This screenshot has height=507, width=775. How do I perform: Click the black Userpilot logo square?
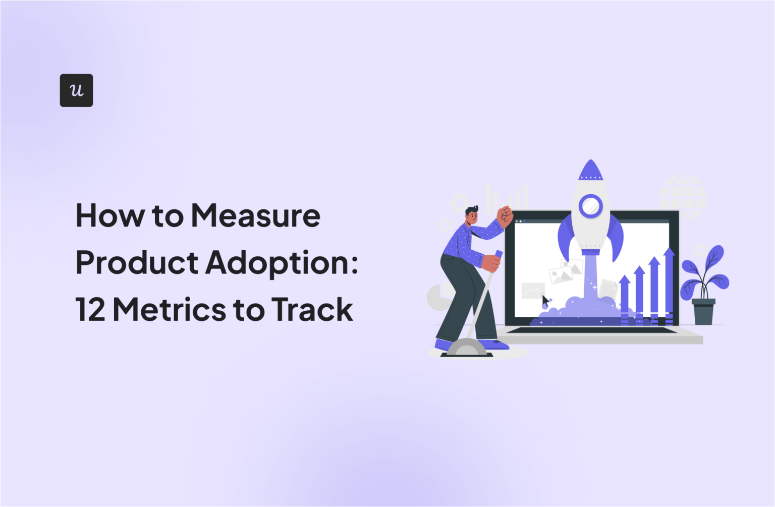76,90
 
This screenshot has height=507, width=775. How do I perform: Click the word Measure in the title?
255,216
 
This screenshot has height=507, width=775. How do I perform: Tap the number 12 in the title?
90,309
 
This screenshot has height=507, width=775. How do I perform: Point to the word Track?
312,309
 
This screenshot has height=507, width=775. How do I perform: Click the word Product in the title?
137,263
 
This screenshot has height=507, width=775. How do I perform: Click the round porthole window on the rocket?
590,206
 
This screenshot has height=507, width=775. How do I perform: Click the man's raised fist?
505,215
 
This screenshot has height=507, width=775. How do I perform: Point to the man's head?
472,215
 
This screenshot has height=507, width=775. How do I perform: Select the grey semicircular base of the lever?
467,348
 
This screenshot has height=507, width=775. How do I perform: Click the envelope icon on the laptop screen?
533,290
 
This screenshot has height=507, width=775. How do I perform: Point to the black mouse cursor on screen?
545,302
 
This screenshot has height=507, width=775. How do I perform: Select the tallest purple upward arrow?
669,283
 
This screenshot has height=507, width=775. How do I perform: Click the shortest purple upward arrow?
625,298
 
